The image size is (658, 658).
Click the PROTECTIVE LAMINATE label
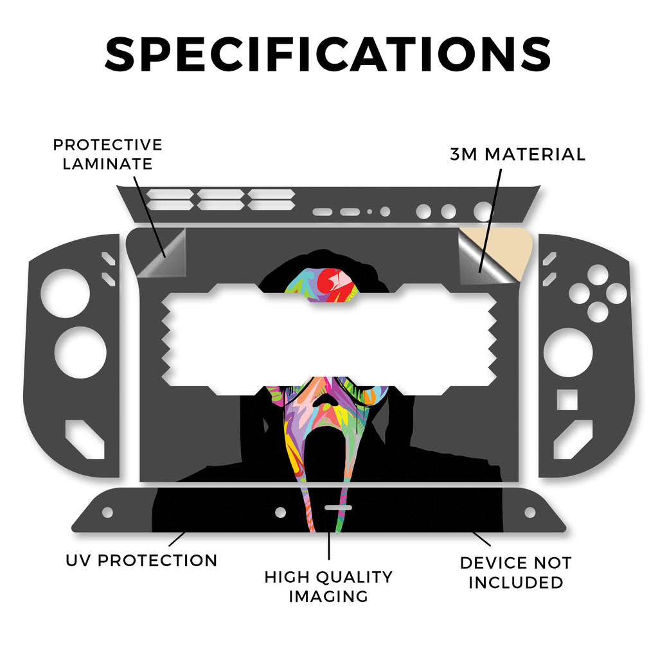[107, 154]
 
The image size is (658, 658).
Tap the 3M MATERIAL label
[517, 154]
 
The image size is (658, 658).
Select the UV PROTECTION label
[141, 560]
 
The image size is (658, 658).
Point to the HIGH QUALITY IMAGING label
[328, 586]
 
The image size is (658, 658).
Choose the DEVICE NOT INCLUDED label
[515, 573]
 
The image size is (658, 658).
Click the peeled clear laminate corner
[161, 254]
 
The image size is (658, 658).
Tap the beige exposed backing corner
[514, 247]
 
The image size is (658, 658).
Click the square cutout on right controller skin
[566, 399]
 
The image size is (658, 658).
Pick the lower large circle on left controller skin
[80, 353]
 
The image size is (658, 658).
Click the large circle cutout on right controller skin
[568, 353]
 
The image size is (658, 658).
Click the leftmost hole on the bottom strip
[108, 512]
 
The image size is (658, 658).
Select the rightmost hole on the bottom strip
[530, 512]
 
